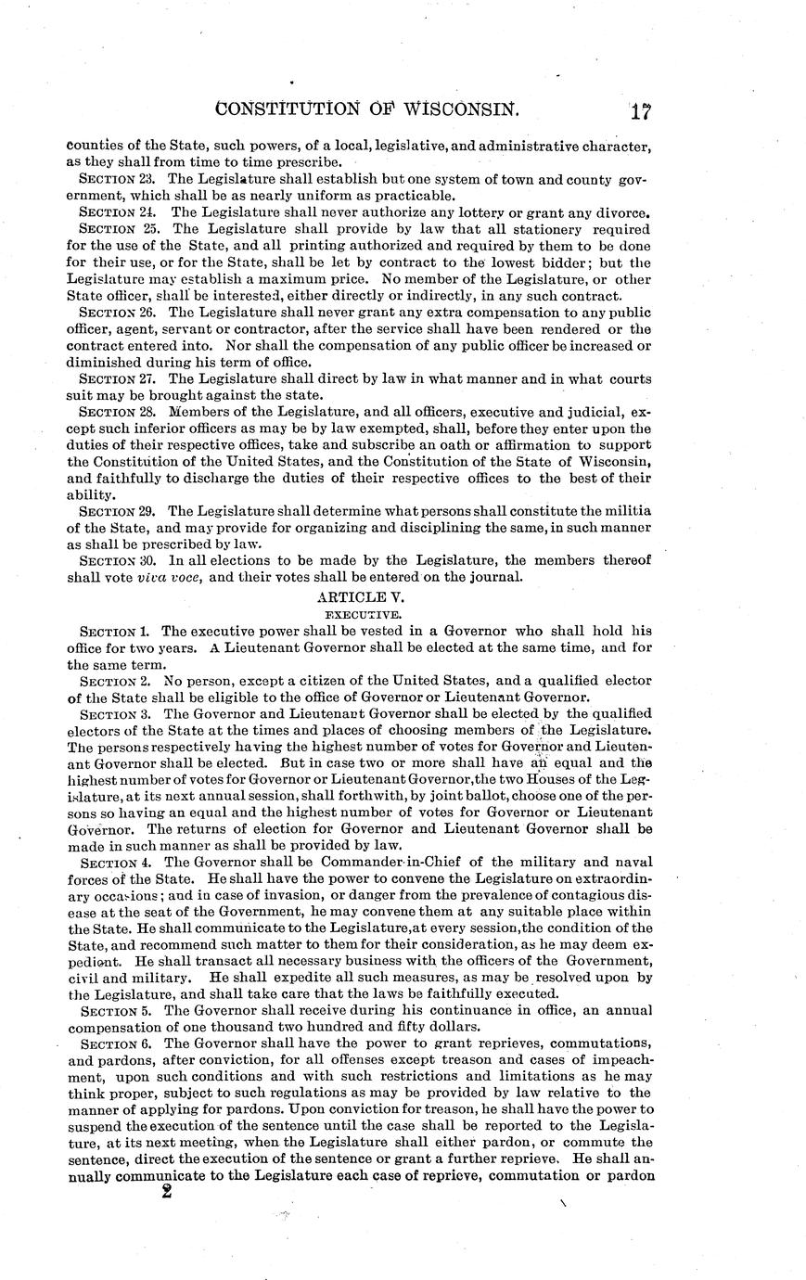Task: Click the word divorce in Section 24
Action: coord(620,211)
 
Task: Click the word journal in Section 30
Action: coord(496,578)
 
